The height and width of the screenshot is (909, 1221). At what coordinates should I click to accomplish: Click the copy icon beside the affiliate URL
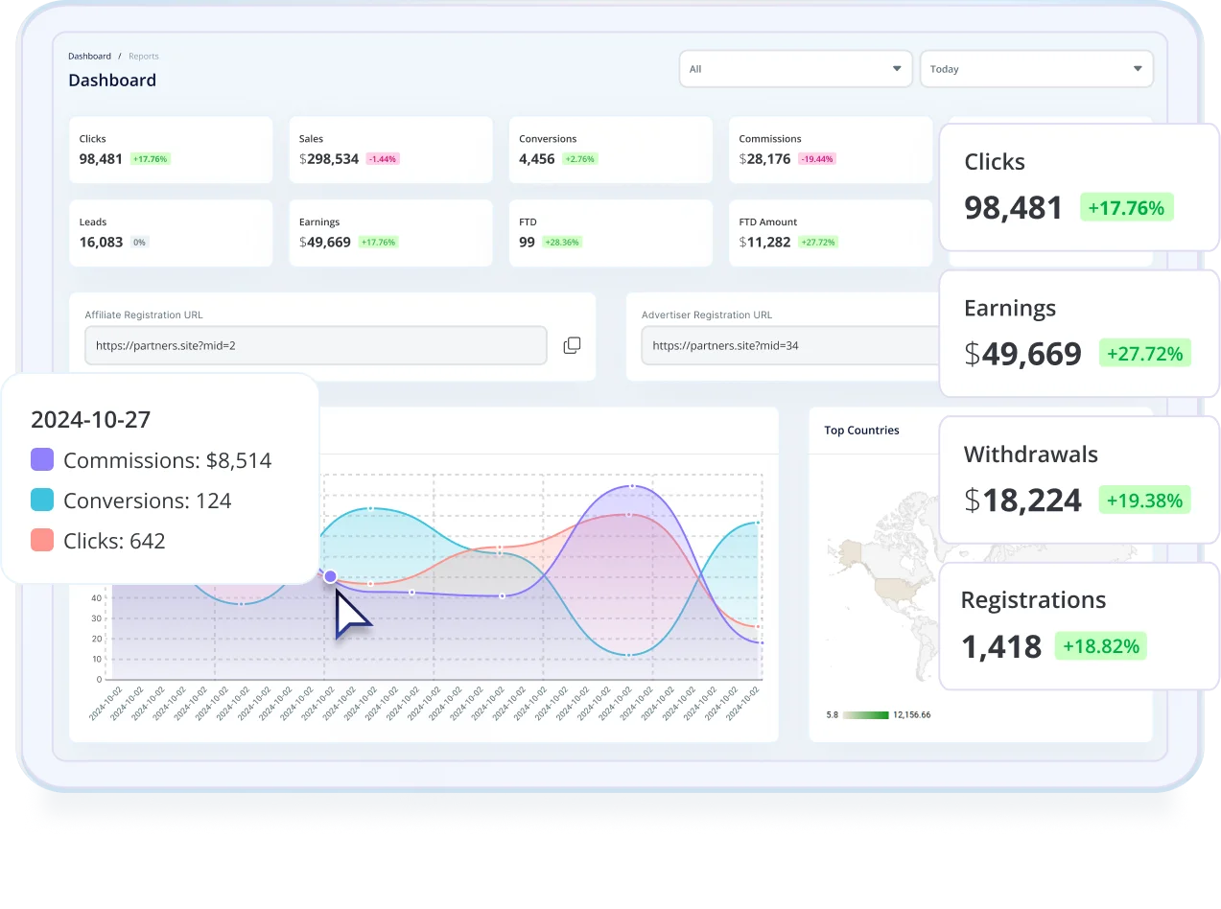coord(572,345)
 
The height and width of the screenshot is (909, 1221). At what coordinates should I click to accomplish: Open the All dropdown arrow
coord(897,69)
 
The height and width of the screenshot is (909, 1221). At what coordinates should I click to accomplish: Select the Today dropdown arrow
coord(1138,69)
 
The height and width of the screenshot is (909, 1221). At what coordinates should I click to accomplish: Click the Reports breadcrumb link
coord(144,57)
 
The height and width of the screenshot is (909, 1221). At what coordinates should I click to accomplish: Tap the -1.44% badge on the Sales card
coord(383,159)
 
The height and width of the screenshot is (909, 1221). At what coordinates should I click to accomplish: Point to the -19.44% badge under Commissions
coord(818,159)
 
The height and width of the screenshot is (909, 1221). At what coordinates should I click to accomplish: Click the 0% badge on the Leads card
coord(139,243)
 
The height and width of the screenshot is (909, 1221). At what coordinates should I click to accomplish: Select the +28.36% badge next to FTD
coord(561,243)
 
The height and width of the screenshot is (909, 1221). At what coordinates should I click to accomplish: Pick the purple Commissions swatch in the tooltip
coord(42,460)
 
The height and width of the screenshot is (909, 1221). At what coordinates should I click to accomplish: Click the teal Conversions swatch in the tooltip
coord(42,501)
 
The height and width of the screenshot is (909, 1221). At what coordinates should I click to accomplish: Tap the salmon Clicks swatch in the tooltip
coord(42,541)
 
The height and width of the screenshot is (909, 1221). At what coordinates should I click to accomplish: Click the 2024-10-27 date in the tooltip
coord(91,419)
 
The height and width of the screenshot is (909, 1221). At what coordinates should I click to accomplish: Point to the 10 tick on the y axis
coord(96,659)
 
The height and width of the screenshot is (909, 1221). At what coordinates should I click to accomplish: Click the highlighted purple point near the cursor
coord(330,576)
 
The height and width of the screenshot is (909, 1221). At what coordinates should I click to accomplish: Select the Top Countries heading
coord(861,431)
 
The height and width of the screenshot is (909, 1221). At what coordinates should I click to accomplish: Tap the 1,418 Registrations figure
coord(1001,646)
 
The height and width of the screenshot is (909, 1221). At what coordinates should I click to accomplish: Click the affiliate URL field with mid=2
coord(316,345)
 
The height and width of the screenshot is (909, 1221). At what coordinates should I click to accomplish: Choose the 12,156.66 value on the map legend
coord(911,715)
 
